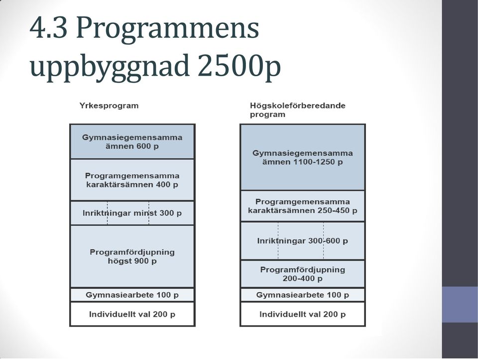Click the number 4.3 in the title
pos(48,28)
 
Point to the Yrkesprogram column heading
pos(109,106)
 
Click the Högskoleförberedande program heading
pos(298,110)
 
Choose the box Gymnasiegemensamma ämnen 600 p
pos(132,142)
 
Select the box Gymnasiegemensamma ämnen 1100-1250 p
pos(303,157)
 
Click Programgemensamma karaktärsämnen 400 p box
pos(132,180)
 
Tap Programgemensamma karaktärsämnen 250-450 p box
pos(303,206)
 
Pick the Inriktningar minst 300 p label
pos(132,213)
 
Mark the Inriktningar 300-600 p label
pos(302,241)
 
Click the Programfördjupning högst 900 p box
pos(132,256)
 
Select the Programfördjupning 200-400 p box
pos(303,274)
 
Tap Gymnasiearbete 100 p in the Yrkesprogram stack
pos(132,295)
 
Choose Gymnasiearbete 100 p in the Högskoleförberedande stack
pos(303,295)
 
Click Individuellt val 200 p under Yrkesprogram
pos(132,314)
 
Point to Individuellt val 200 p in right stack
pos(303,314)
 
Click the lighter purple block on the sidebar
pos(460,304)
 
